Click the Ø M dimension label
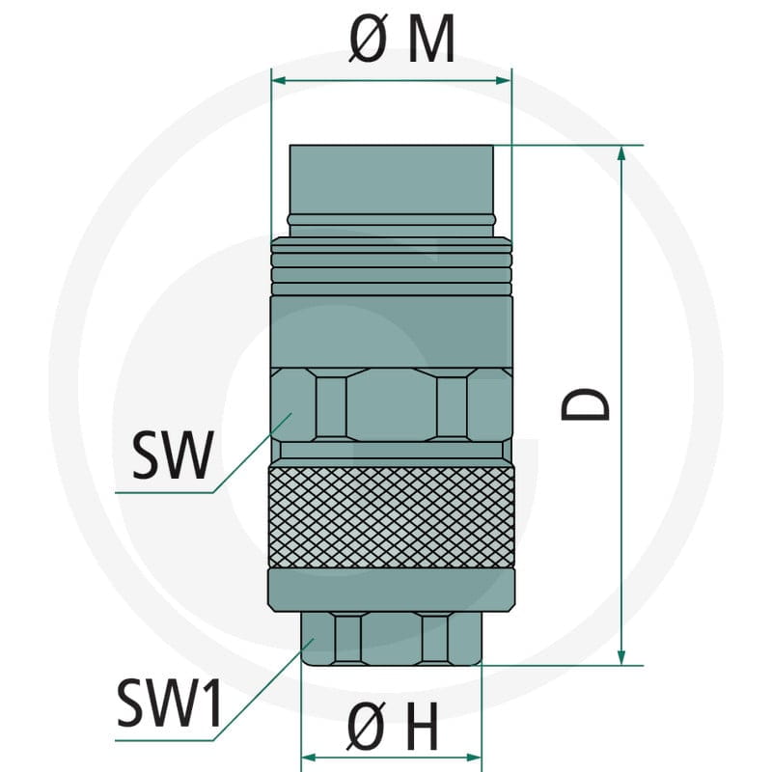click(401, 39)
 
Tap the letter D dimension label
click(585, 404)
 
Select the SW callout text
click(173, 455)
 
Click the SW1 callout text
click(170, 703)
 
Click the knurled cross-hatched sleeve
click(392, 516)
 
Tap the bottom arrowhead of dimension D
click(621, 657)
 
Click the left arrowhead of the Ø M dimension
click(279, 80)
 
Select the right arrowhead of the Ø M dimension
click(504, 80)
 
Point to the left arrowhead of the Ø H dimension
click(309, 757)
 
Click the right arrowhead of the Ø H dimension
click(473, 757)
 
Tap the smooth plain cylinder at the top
click(392, 179)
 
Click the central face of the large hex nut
click(392, 404)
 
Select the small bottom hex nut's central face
click(392, 639)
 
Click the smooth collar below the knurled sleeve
click(392, 591)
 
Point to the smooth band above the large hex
click(392, 332)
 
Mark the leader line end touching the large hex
click(291, 414)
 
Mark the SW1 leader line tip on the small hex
click(314, 639)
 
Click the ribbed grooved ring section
click(392, 266)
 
